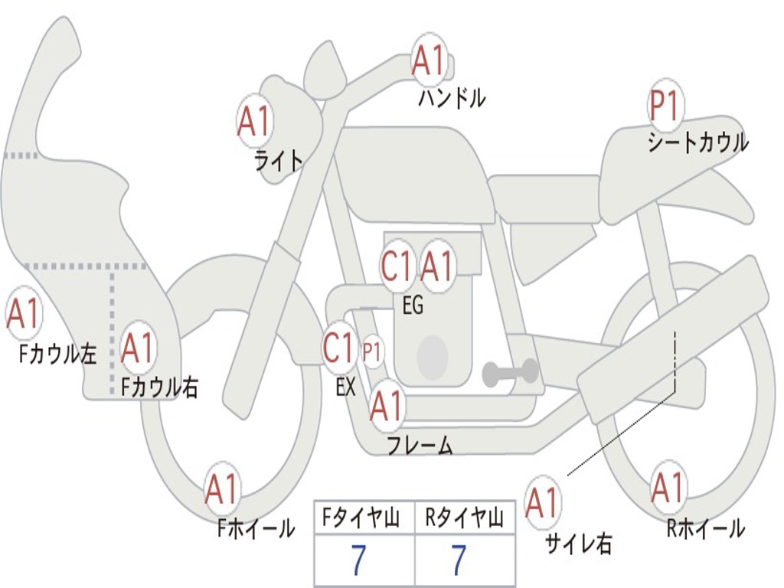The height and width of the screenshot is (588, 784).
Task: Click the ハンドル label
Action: tap(452, 98)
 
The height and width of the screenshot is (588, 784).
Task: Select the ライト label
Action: tap(279, 160)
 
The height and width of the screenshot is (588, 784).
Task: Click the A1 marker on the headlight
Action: tap(256, 121)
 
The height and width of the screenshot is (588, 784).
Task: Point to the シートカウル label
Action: tap(697, 143)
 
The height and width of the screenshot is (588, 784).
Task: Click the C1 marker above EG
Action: tap(397, 267)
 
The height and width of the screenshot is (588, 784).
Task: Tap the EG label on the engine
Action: tap(412, 305)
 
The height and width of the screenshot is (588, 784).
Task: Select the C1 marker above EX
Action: tap(340, 348)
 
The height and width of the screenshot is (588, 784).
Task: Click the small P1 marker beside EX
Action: tap(372, 352)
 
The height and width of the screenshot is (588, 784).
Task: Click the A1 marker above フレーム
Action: tap(387, 407)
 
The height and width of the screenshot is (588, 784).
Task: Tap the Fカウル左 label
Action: tap(58, 354)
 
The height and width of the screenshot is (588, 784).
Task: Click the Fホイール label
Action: tap(256, 528)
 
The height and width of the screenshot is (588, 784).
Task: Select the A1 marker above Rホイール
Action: tap(668, 488)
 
